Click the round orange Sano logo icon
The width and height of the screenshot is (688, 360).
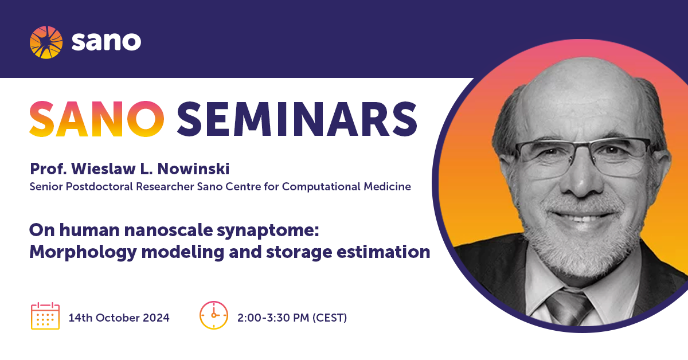point(46,42)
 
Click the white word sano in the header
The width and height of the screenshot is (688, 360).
point(106,41)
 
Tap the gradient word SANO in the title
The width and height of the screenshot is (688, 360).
point(96,119)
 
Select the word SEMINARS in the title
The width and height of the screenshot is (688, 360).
point(297,119)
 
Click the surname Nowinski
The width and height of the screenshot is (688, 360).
point(194,169)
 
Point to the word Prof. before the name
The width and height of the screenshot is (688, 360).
point(48,169)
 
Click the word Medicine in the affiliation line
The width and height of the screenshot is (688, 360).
point(388,187)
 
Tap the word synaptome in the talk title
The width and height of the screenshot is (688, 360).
point(268,231)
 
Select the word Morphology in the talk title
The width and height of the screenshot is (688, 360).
point(83,253)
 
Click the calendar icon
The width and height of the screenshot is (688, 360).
point(45,316)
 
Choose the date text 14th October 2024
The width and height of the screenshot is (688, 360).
point(119,318)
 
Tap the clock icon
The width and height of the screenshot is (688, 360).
point(214,315)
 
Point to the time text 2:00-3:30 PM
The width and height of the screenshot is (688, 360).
point(273,318)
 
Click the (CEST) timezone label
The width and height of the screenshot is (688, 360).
point(330,318)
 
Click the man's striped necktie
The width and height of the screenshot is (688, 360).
point(568,308)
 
